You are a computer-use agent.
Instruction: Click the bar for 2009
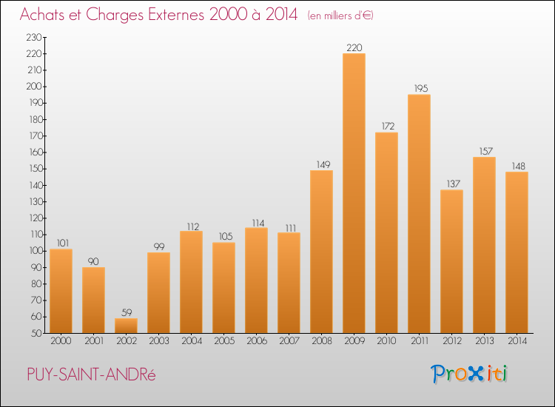click(354, 193)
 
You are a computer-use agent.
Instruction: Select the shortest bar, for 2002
click(126, 326)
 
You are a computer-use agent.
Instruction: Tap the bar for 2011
click(419, 214)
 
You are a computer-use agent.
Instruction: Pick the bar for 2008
click(321, 252)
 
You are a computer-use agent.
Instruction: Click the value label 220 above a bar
click(354, 48)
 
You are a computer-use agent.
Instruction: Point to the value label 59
click(126, 313)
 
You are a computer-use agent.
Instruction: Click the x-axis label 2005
click(223, 341)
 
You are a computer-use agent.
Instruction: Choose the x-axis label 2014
click(517, 341)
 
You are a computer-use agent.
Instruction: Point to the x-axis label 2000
click(61, 341)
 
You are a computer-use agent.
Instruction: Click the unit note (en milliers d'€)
click(340, 16)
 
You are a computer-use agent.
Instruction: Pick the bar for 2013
click(484, 245)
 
